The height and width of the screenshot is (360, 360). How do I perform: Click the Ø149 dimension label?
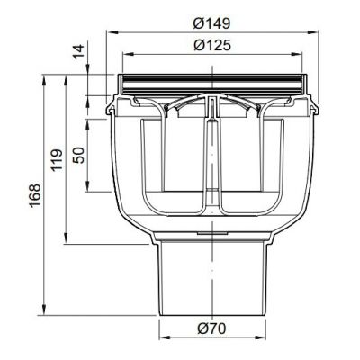[211, 23]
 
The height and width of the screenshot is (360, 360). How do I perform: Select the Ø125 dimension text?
[212, 45]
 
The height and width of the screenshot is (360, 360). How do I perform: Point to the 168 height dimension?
[35, 195]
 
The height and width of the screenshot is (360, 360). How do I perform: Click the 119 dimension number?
[57, 160]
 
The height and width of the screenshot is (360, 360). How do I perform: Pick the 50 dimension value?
[79, 155]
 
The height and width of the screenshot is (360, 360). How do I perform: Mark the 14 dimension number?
[79, 51]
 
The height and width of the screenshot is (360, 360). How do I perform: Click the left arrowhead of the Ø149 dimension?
[112, 31]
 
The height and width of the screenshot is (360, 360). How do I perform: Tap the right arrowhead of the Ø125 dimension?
[296, 54]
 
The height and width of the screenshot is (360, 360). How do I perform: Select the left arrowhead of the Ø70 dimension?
[164, 337]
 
